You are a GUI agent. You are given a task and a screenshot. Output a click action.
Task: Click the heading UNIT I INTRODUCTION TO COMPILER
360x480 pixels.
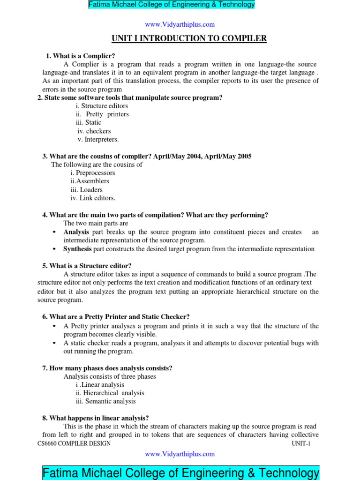point(188,38)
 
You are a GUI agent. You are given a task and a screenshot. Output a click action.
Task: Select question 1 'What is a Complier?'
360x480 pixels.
point(81,56)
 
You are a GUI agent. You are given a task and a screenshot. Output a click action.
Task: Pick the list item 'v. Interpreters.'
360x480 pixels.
point(98,139)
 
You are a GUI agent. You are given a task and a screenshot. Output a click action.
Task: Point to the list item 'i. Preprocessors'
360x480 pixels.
point(92,172)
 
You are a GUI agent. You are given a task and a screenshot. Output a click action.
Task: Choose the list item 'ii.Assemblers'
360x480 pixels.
point(90,181)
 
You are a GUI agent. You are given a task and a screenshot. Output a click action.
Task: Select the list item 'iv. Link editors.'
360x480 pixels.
point(92,198)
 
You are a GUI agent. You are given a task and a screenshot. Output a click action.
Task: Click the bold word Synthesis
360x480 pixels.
point(77,249)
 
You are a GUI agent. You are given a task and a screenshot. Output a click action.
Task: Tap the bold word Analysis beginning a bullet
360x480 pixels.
point(76,232)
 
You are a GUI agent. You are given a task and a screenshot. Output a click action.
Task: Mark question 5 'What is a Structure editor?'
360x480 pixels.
point(87,265)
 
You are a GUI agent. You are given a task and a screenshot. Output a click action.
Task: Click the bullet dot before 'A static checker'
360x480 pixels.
point(55,343)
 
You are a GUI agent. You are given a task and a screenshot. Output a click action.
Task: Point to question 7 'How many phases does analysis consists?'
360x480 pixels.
point(107,368)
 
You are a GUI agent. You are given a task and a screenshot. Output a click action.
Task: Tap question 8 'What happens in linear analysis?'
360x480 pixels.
point(96,418)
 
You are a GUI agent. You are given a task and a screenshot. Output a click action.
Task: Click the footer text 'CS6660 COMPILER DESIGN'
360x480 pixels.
point(74,443)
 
